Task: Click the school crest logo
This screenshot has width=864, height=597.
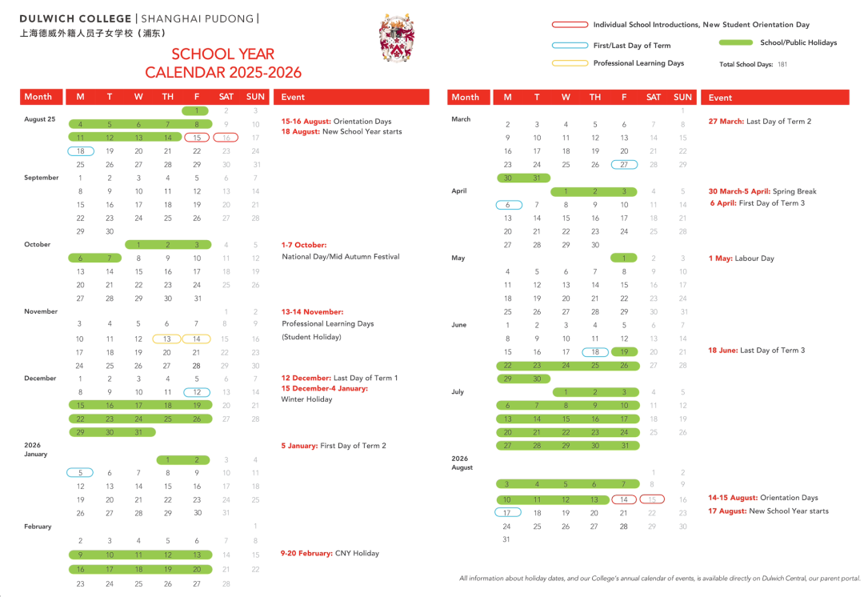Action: click(397, 38)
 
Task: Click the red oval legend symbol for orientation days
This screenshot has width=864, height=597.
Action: click(570, 25)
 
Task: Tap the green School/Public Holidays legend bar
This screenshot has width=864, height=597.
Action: click(736, 42)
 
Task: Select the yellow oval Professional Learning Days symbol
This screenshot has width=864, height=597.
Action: click(570, 63)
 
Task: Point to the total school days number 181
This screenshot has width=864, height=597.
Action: click(782, 64)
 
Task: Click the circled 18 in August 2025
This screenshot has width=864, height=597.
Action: click(80, 151)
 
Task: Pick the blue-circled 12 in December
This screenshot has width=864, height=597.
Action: click(197, 392)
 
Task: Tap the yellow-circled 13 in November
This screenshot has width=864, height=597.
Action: click(167, 339)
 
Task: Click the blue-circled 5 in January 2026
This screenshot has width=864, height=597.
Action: click(80, 473)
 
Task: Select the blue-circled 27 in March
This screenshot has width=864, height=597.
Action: click(624, 165)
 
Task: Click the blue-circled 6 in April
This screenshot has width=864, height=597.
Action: click(507, 205)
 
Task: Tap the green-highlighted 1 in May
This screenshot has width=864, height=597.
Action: click(624, 258)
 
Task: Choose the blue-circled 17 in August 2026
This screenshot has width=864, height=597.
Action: click(507, 513)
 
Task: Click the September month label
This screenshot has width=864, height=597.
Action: click(41, 178)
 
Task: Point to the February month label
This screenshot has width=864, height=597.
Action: click(38, 527)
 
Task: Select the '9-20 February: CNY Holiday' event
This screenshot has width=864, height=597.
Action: click(330, 553)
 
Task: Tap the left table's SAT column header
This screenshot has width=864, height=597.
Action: click(226, 97)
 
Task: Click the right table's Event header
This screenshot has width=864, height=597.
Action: click(720, 98)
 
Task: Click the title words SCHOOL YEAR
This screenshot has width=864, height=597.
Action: click(222, 54)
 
